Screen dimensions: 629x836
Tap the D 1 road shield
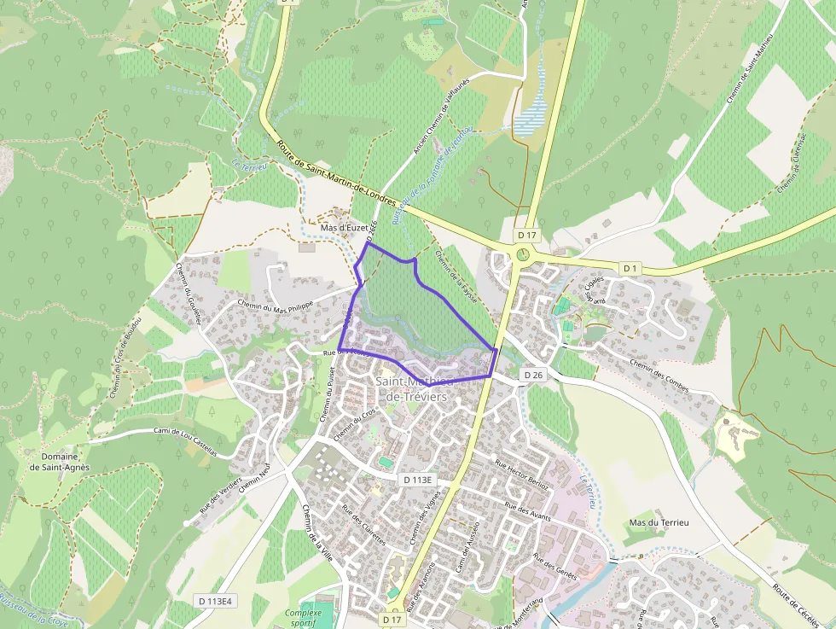[630, 268]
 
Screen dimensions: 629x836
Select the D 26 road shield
[533, 375]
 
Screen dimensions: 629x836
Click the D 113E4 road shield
[215, 601]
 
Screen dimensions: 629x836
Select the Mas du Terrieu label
[658, 521]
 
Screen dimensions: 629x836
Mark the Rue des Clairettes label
[363, 525]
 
